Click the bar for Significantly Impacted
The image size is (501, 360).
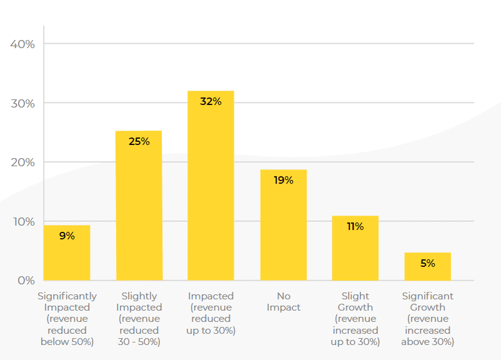pyautogui.click(x=67, y=252)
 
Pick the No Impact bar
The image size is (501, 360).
pyautogui.click(x=283, y=225)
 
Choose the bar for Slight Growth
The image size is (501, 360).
pyautogui.click(x=355, y=248)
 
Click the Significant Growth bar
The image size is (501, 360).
pyautogui.click(x=427, y=266)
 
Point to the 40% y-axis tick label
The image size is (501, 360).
pyautogui.click(x=22, y=44)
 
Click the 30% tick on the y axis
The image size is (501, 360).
pyautogui.click(x=22, y=103)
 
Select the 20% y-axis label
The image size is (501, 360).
pyautogui.click(x=22, y=162)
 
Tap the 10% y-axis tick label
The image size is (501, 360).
pyautogui.click(x=22, y=222)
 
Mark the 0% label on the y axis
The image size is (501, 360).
pyautogui.click(x=26, y=281)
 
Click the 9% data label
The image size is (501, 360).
pyautogui.click(x=67, y=236)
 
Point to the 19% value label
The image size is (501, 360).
pyautogui.click(x=283, y=180)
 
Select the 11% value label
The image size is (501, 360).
pyautogui.click(x=355, y=226)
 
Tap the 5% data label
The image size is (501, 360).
pyautogui.click(x=427, y=263)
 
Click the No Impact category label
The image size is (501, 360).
pyautogui.click(x=283, y=302)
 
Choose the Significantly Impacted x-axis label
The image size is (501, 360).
pyautogui.click(x=67, y=302)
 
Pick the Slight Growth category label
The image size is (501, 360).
pyautogui.click(x=355, y=302)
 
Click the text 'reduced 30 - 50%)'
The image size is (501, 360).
pyautogui.click(x=139, y=336)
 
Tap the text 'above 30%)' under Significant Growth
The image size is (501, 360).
pyautogui.click(x=427, y=341)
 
